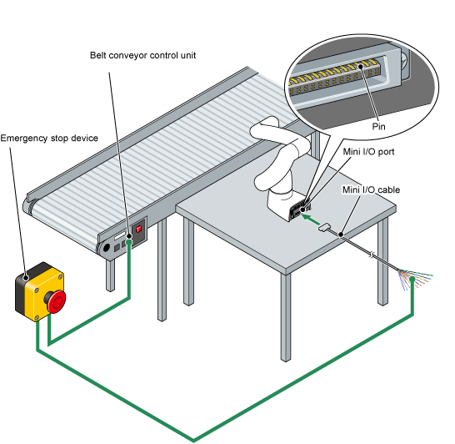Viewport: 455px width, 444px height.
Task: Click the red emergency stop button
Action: point(57,301)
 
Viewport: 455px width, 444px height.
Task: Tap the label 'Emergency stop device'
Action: point(49,138)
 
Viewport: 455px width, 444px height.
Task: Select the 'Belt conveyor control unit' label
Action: point(142,55)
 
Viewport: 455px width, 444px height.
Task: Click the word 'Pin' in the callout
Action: point(378,126)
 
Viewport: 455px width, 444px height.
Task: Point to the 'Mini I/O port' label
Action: point(368,152)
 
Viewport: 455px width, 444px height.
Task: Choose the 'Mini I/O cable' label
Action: point(371,189)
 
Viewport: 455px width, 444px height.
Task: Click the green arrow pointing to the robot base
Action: point(311,219)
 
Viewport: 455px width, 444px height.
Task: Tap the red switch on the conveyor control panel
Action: point(138,229)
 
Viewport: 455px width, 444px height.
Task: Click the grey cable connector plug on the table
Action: point(324,227)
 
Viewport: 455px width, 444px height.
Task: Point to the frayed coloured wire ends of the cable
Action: point(416,279)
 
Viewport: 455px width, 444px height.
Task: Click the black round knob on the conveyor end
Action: point(106,248)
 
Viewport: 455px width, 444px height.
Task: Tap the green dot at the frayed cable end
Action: point(412,280)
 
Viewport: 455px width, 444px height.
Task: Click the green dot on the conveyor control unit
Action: point(129,242)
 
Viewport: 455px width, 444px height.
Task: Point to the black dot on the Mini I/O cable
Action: point(341,235)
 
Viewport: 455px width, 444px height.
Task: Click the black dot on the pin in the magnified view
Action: point(361,66)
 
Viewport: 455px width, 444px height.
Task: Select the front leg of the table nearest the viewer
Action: point(286,317)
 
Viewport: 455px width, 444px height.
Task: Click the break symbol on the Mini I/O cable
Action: point(372,255)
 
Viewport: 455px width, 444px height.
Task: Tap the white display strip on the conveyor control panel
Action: point(120,235)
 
